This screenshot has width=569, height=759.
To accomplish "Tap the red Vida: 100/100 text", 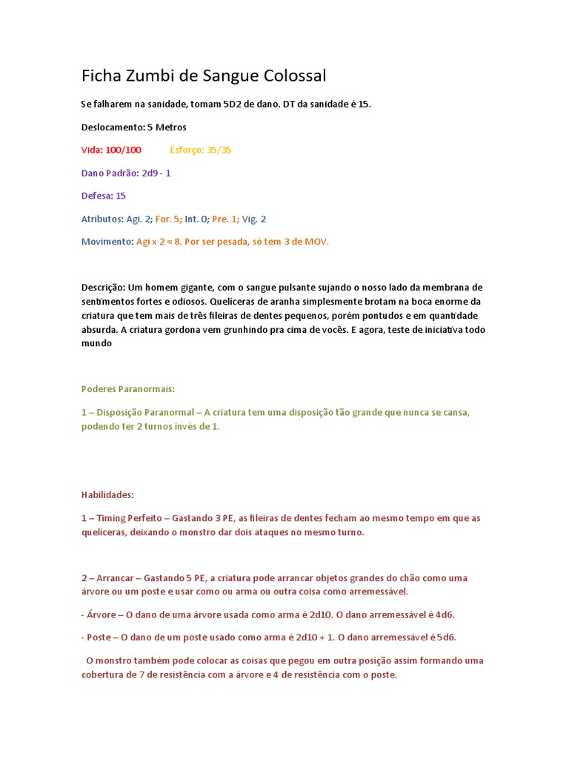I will coord(111,150).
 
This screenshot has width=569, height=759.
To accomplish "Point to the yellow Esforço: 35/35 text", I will coord(201,150).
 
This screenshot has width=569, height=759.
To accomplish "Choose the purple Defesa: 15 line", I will coord(104,196).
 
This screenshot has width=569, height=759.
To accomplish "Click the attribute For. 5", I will coord(167,219).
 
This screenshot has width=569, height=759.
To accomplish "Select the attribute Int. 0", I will coord(196,219).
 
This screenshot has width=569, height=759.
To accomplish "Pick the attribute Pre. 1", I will coord(225,219).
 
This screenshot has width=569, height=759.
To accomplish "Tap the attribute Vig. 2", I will coord(254,219).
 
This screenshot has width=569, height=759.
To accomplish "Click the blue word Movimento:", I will coord(107,242).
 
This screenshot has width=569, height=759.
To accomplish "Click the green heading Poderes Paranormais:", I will coord(127,388).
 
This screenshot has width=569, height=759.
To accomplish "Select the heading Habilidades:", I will coord(107,494).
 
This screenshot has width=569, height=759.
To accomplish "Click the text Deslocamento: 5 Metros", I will coord(133,127).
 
